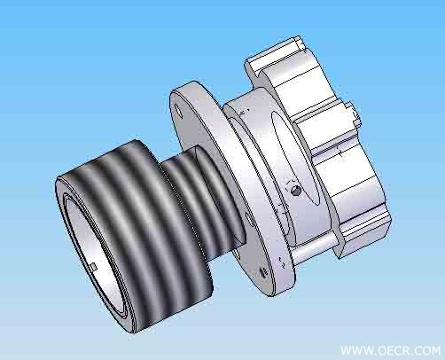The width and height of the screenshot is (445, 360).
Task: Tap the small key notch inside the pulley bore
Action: tap(93, 267)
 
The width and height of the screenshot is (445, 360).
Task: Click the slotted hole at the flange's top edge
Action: tap(179, 110)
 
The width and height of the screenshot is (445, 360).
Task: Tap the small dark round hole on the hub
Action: tap(295, 191)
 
